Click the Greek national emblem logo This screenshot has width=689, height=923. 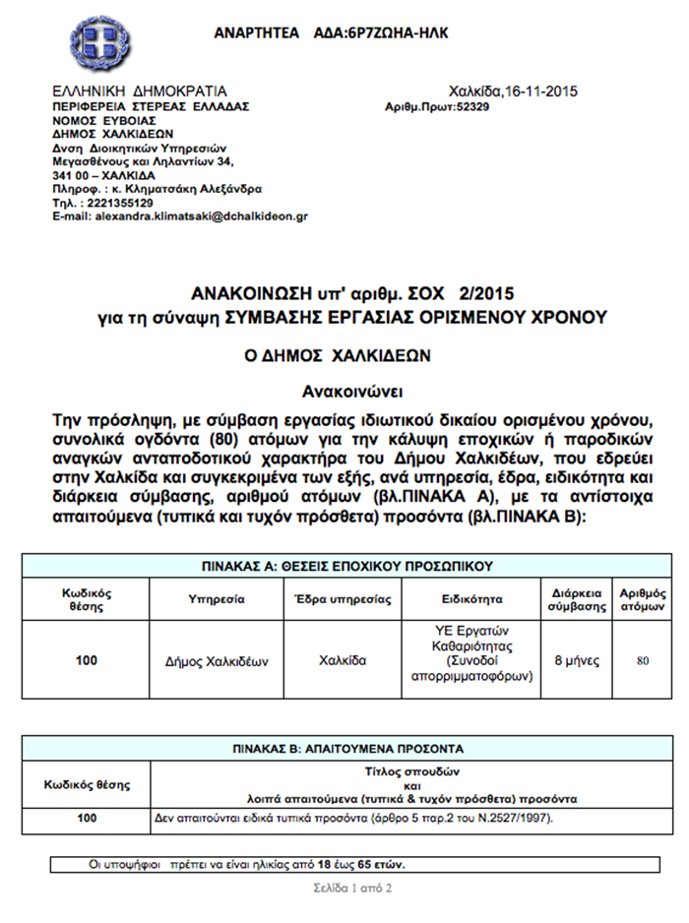[97, 40]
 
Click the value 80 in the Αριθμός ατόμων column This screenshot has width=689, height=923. [643, 660]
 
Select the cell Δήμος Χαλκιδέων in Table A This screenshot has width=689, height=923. [216, 660]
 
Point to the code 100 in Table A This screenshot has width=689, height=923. [87, 660]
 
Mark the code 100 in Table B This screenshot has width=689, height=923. [87, 818]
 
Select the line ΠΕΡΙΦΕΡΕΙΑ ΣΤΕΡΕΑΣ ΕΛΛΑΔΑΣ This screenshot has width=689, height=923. [152, 106]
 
